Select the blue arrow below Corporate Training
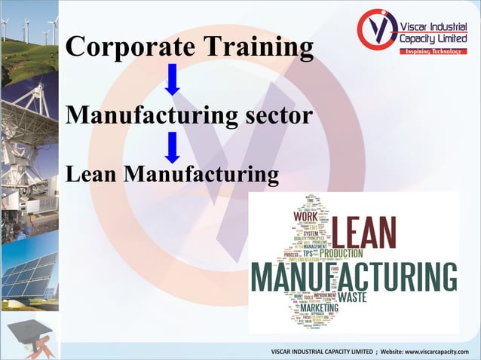(x=173, y=80)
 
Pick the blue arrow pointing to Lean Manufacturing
(x=173, y=148)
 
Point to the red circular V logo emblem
(x=377, y=29)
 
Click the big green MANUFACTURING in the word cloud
(x=354, y=278)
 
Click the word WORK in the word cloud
(x=305, y=217)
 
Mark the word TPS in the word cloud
(x=308, y=254)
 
